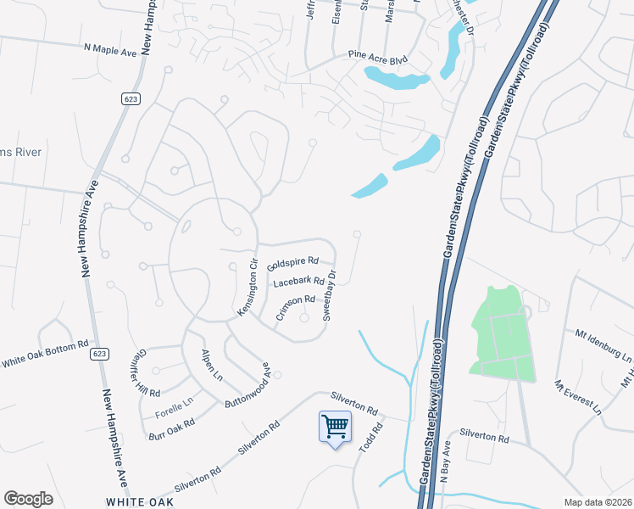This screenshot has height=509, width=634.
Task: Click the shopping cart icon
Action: coord(335,426)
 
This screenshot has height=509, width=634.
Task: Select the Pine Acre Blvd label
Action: coord(378,58)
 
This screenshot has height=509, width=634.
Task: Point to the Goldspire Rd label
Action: coord(292,265)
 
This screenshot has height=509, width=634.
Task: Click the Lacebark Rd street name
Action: coord(299,282)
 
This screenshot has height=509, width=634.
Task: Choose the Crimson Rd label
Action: coord(295,306)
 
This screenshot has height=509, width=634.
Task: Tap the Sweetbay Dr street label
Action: coord(329,296)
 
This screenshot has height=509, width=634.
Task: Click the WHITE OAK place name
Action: coord(140,502)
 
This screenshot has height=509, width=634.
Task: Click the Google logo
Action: coord(28,499)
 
